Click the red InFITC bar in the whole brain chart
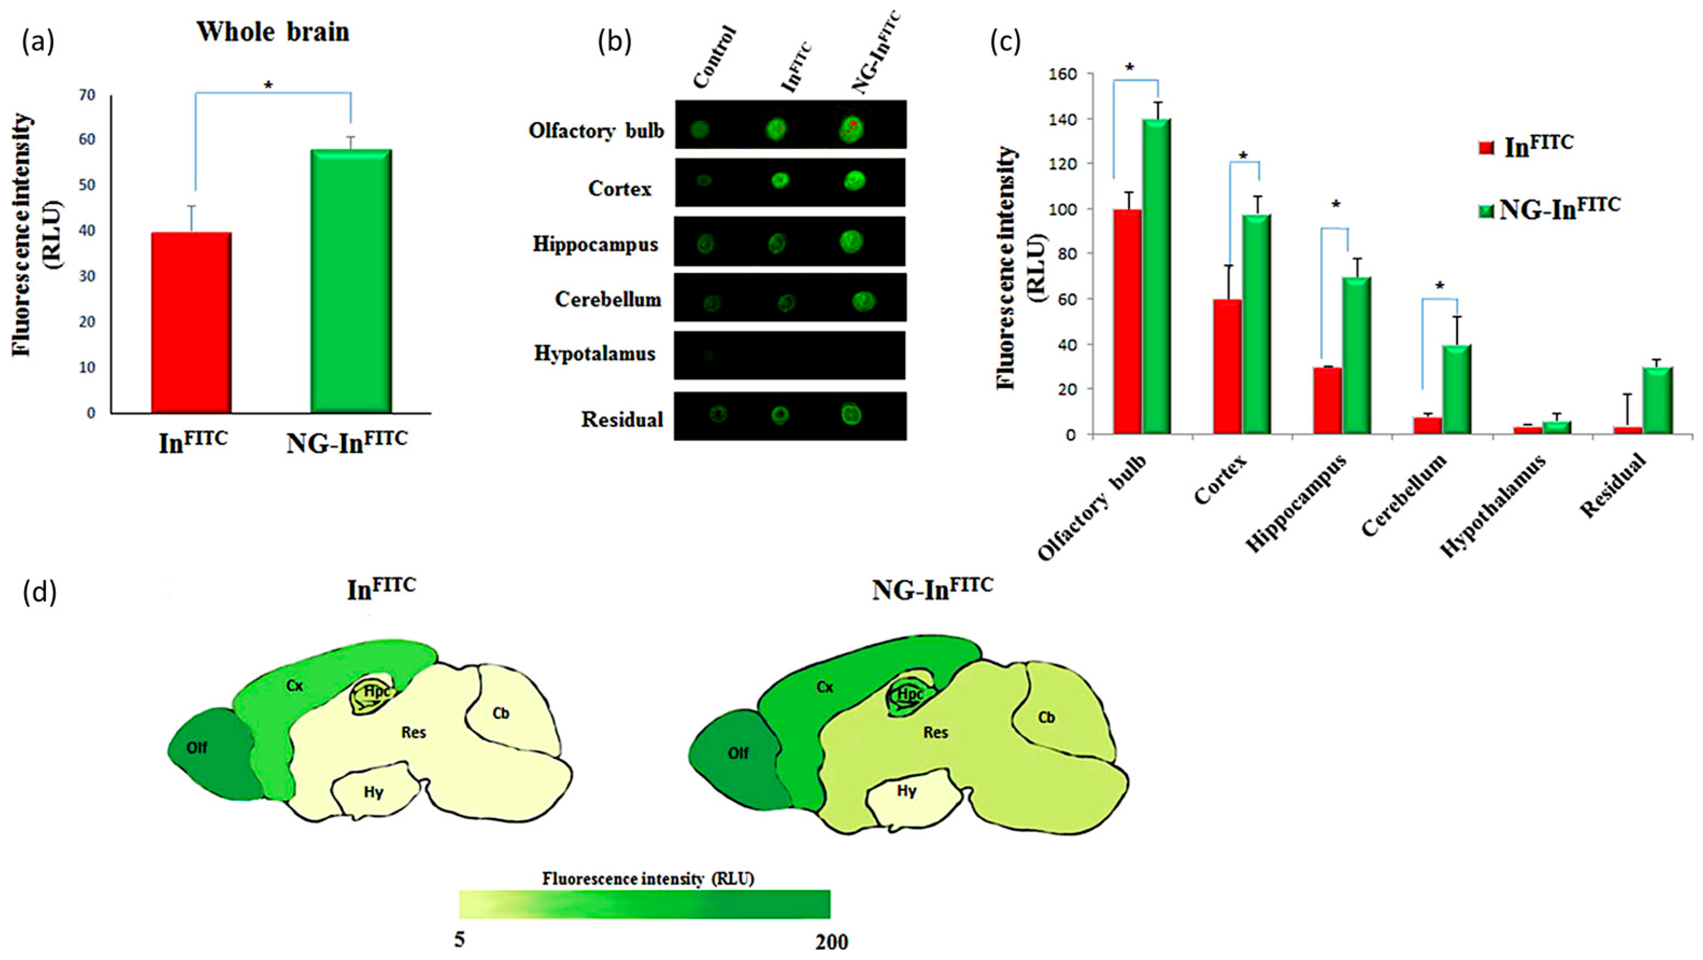(191, 322)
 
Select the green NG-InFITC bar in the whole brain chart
(351, 281)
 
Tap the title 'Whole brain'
(273, 32)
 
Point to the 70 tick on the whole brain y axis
(87, 95)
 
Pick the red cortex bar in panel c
(1228, 366)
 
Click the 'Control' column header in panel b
(715, 58)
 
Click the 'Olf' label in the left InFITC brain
(196, 748)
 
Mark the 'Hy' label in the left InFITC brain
(374, 792)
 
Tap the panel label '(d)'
(40, 593)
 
